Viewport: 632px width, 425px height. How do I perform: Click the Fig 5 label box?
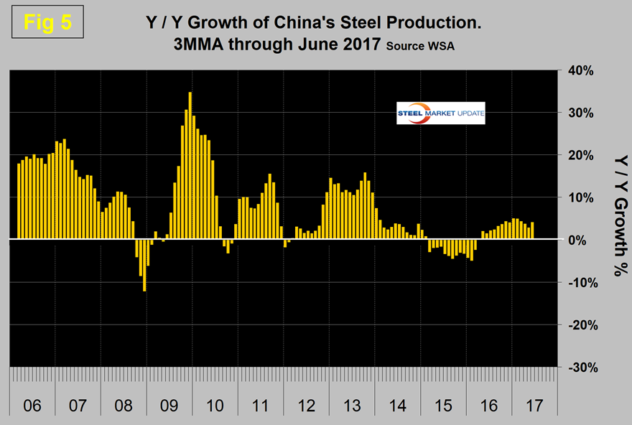click(x=47, y=22)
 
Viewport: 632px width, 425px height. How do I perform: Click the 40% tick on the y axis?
click(x=578, y=70)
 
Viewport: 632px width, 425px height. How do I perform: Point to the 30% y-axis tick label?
click(x=578, y=113)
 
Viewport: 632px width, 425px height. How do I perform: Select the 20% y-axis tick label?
click(x=578, y=155)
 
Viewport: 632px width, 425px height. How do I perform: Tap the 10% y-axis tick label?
click(x=578, y=197)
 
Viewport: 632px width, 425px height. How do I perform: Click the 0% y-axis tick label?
click(x=582, y=240)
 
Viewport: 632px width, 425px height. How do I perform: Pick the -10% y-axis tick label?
click(x=577, y=282)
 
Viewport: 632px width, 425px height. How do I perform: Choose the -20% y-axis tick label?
click(x=577, y=324)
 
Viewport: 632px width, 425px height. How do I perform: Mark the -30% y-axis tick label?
click(x=577, y=367)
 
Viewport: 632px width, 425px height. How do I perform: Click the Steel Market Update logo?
click(x=441, y=113)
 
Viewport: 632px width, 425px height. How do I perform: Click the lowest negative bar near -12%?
click(x=144, y=265)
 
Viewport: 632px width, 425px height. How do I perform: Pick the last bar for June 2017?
click(x=532, y=231)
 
